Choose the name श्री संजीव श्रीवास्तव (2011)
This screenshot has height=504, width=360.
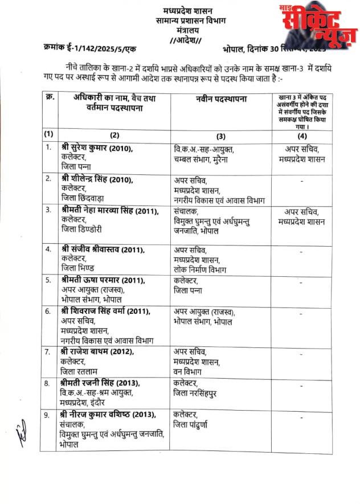(x=102, y=249)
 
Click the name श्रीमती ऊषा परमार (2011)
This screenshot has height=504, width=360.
(x=103, y=280)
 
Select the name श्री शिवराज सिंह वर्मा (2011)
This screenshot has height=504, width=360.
(x=105, y=311)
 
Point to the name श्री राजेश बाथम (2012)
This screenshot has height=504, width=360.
(x=95, y=351)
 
